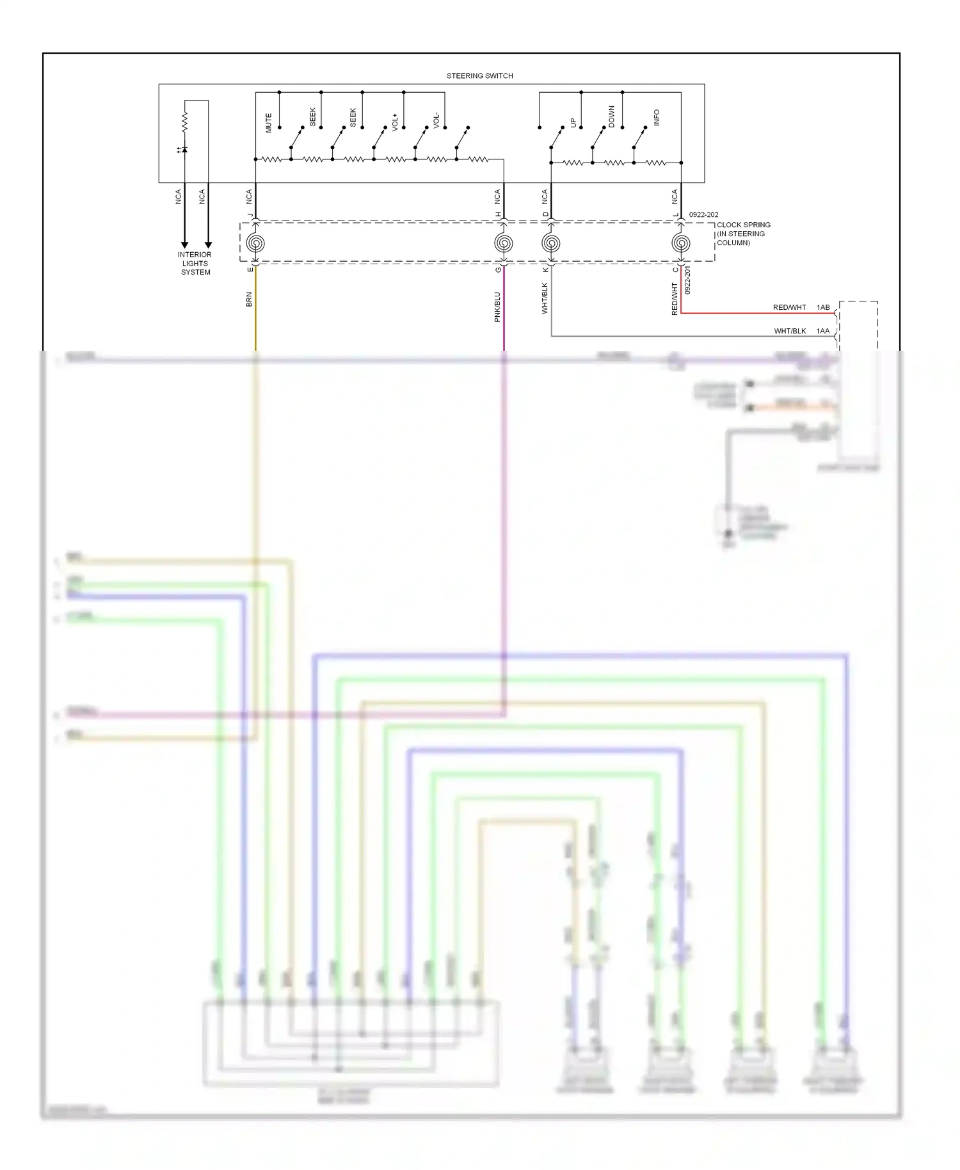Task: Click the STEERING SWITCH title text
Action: [479, 76]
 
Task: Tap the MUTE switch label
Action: [269, 123]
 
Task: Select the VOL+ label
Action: [395, 122]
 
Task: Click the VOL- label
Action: [436, 120]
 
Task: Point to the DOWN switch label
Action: [611, 116]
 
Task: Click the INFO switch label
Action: [656, 117]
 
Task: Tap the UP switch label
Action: [573, 122]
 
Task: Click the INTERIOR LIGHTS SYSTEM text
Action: [195, 263]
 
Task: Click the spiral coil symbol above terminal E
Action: [255, 243]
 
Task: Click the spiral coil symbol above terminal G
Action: [504, 243]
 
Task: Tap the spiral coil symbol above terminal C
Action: [681, 243]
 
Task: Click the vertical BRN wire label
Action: [249, 299]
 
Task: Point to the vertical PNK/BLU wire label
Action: [497, 307]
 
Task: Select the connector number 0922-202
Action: [703, 215]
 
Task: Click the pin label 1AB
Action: [823, 307]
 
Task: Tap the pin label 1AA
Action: [823, 331]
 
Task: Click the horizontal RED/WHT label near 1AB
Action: [789, 307]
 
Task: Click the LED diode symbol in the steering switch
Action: [184, 150]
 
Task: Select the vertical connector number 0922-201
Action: [688, 280]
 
